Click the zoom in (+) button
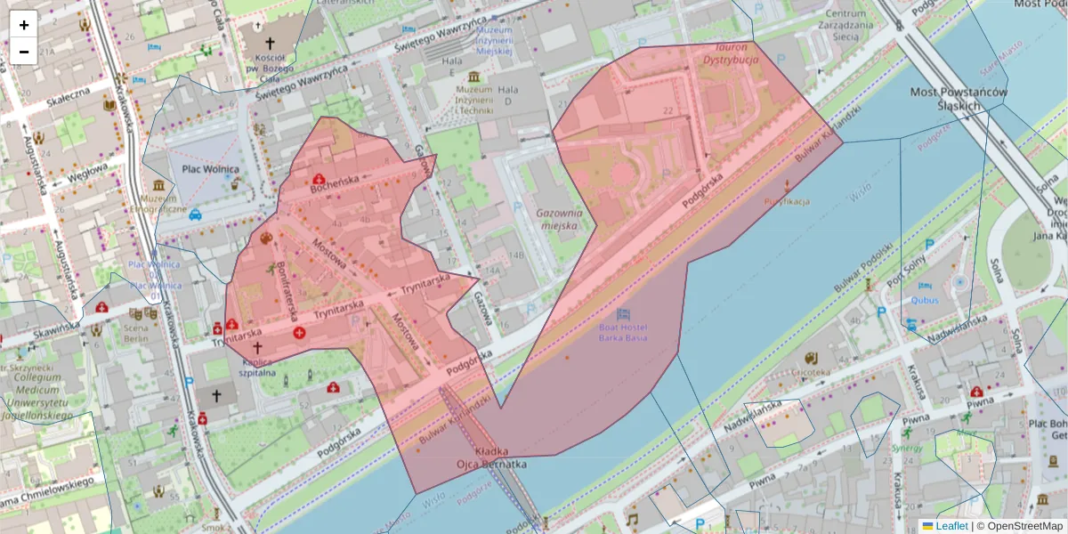(x=24, y=25)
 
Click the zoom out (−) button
(x=24, y=52)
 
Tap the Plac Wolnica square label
(x=210, y=169)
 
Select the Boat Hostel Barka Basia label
(x=623, y=332)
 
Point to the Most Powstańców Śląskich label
(x=959, y=99)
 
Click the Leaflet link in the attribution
(x=951, y=526)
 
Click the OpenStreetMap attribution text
(x=1023, y=526)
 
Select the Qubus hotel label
(x=925, y=300)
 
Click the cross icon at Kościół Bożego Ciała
(x=271, y=42)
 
